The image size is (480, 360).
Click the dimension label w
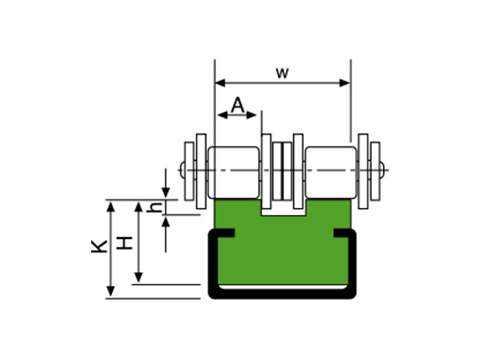tap(282, 73)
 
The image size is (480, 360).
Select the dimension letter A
tap(238, 105)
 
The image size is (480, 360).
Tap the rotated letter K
tap(100, 246)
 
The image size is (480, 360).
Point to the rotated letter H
tap(125, 243)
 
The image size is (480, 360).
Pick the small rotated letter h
tap(155, 207)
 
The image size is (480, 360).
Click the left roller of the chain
tap(233, 172)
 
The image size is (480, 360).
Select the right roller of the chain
tap(331, 172)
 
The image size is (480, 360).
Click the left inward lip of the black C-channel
tap(225, 233)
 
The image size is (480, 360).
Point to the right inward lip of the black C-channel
tap(343, 233)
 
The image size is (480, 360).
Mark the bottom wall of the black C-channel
tap(282, 294)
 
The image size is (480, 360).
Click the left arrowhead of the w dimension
tap(220, 83)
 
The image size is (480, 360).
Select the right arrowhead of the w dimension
tap(344, 83)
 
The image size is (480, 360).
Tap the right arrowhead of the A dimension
tap(251, 115)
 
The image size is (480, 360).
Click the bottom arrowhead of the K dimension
tap(110, 291)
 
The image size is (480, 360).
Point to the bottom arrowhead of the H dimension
tap(139, 277)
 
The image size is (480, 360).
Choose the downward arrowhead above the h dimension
tap(166, 193)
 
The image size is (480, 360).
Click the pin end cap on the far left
tap(182, 170)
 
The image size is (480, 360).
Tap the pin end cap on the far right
tap(382, 170)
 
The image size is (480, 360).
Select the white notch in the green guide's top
tap(283, 208)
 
